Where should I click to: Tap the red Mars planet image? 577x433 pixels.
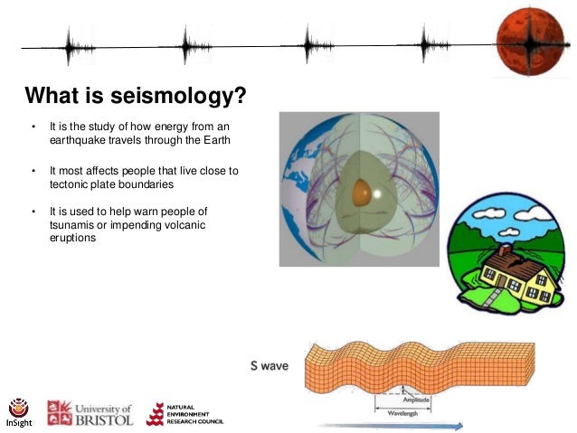[x=529, y=38]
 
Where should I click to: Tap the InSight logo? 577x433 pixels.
[x=18, y=411]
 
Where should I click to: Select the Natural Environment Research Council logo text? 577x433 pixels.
[x=194, y=415]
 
